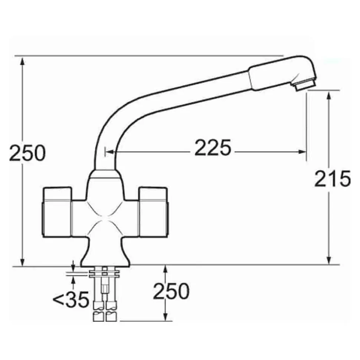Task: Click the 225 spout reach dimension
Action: click(212, 148)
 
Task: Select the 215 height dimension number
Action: click(333, 179)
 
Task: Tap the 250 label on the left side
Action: click(27, 153)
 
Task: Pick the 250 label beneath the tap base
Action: click(171, 291)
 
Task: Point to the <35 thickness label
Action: click(71, 300)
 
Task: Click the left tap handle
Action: click(57, 212)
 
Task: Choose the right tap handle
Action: click(153, 212)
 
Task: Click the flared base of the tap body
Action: click(106, 255)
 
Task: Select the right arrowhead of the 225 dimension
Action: click(302, 152)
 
